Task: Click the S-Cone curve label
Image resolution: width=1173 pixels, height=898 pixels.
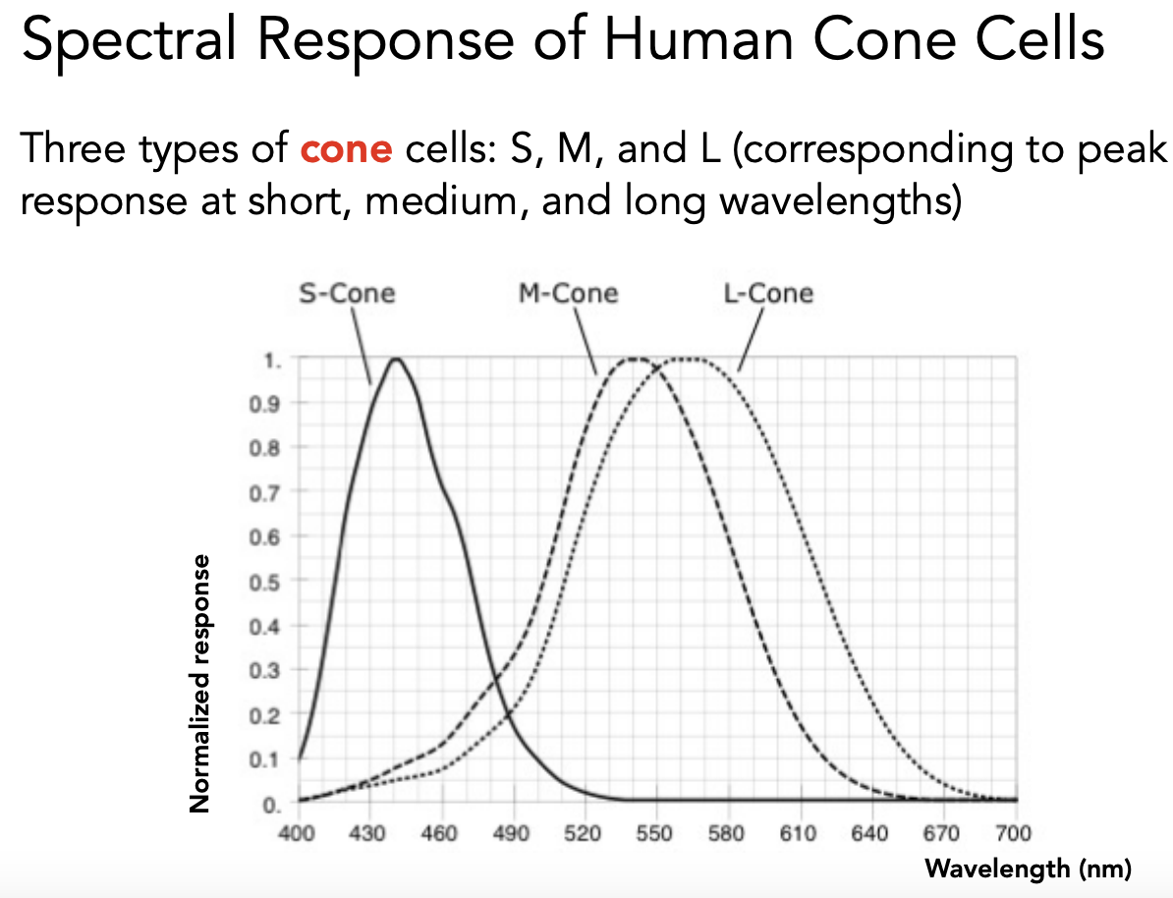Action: click(347, 293)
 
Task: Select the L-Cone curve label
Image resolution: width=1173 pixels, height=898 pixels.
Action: click(768, 293)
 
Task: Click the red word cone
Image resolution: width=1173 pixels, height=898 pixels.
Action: click(346, 149)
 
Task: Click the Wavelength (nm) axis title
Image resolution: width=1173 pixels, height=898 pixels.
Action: click(1029, 868)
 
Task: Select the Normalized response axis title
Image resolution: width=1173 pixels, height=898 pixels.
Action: click(200, 684)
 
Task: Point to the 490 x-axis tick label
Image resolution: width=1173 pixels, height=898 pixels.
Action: click(512, 834)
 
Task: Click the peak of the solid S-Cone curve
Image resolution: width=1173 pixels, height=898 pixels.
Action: click(397, 360)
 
